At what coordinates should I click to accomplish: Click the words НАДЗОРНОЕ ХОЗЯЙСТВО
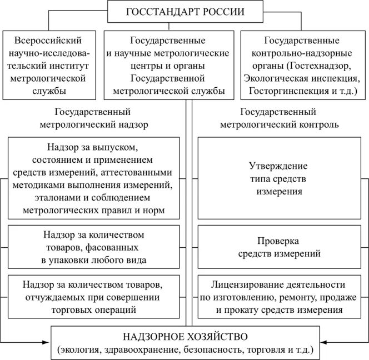184,337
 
